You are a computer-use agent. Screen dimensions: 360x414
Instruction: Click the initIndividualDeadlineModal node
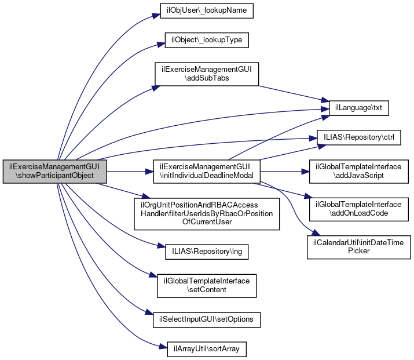pyautogui.click(x=206, y=171)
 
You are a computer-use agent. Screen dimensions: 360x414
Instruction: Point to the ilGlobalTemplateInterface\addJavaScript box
pyautogui.click(x=358, y=171)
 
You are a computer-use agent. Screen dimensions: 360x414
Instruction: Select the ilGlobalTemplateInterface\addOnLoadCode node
pyautogui.click(x=358, y=209)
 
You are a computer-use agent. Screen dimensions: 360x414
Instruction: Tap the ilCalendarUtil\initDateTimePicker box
pyautogui.click(x=358, y=246)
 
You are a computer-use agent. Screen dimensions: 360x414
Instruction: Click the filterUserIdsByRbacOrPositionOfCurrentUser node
pyautogui.click(x=206, y=213)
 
